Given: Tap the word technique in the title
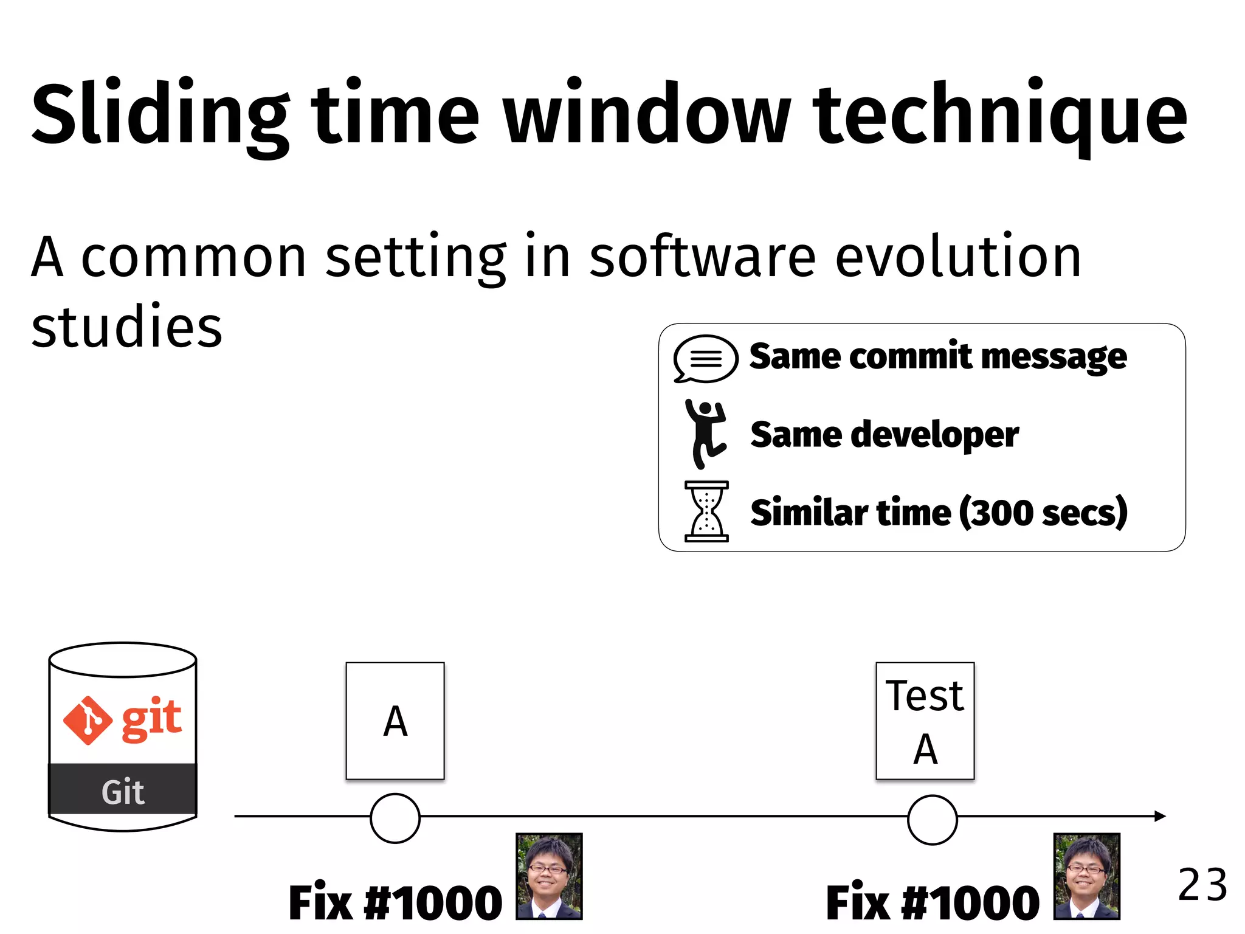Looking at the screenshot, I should click(x=999, y=116).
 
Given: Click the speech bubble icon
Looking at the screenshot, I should click(x=705, y=359).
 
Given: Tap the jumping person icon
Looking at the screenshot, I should click(x=705, y=434).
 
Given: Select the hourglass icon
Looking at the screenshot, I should click(x=706, y=511).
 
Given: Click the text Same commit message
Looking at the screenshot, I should click(x=938, y=356).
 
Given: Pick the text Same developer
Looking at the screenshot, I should click(x=885, y=434).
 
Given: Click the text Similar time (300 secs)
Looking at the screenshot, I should click(x=939, y=513).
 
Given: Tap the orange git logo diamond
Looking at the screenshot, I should click(x=88, y=721).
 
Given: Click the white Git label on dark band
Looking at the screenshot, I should click(x=123, y=792).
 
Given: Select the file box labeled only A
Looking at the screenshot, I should click(x=395, y=721).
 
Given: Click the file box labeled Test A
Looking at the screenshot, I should click(x=925, y=721).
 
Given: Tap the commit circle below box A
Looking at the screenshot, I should click(x=395, y=818).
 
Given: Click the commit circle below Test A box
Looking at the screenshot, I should click(x=932, y=819).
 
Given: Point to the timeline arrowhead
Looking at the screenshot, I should click(x=1159, y=816).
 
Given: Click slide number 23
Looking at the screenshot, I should click(x=1202, y=885).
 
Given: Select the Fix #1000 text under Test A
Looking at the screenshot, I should click(x=933, y=903).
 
